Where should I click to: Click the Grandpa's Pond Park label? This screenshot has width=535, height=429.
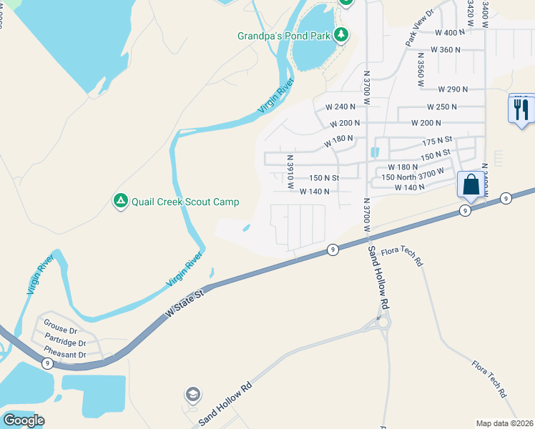(284, 36)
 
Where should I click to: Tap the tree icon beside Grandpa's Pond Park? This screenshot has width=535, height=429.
(342, 34)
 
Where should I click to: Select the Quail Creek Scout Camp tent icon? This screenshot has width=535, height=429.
(121, 202)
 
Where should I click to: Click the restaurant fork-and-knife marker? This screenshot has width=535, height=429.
(520, 109)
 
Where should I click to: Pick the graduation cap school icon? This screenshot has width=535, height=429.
(192, 394)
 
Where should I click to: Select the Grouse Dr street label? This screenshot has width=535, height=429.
(60, 330)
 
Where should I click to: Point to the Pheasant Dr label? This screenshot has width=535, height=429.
(64, 353)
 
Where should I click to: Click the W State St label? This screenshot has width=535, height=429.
(185, 303)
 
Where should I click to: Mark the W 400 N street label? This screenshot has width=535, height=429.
(450, 33)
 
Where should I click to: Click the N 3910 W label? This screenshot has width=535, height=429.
(291, 173)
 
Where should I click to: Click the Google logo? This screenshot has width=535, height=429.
(24, 420)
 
